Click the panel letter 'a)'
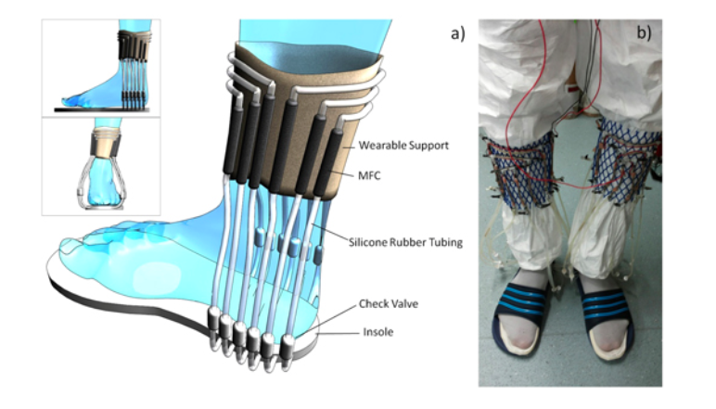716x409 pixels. point(456,33)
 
